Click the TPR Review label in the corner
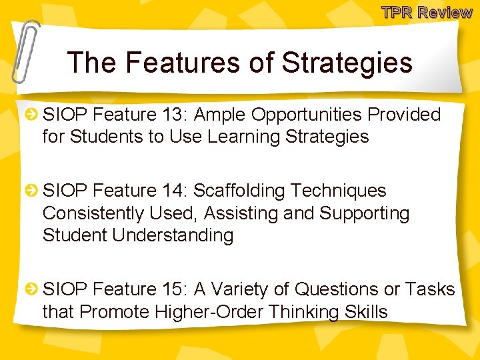(427, 11)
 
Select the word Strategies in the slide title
(347, 63)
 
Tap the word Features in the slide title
(175, 63)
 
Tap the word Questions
(336, 289)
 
